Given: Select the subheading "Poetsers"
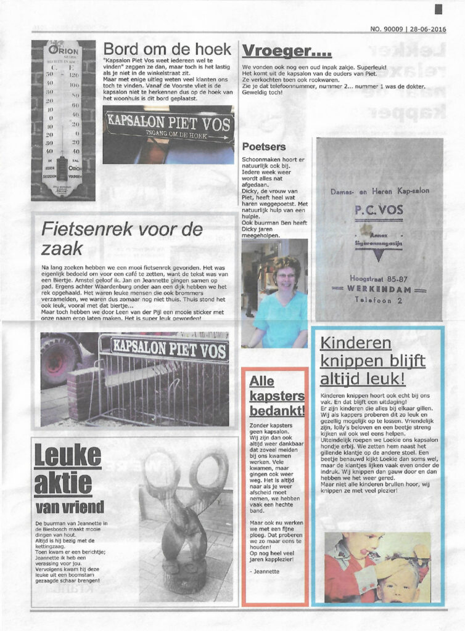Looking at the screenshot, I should [x=264, y=147].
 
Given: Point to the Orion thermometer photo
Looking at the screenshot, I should [x=64, y=120].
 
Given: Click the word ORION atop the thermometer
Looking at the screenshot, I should [x=64, y=49].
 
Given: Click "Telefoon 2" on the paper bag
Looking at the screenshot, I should [x=379, y=299].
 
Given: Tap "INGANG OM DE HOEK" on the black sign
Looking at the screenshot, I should [x=169, y=132].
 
